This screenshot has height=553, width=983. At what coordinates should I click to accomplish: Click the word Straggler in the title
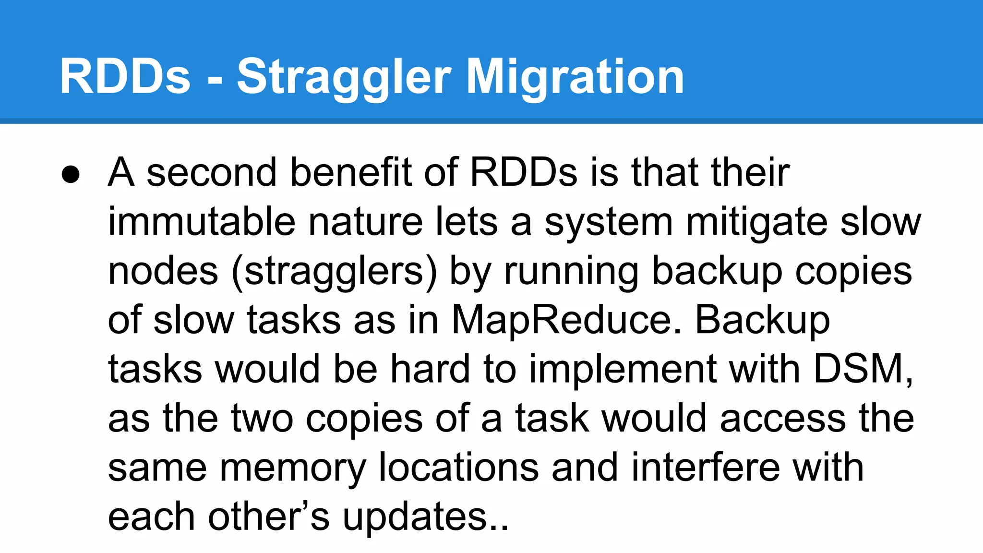pos(344,77)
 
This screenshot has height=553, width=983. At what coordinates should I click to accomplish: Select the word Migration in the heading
pos(575,77)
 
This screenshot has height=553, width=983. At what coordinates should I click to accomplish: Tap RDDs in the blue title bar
pos(125,77)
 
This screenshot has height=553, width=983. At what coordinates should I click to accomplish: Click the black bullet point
pos(71,175)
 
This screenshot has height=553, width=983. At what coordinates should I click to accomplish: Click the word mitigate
pos(756,222)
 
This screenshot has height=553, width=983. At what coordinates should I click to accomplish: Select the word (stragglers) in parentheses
pos(335,272)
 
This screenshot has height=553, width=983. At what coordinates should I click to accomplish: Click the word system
pos(609,222)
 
